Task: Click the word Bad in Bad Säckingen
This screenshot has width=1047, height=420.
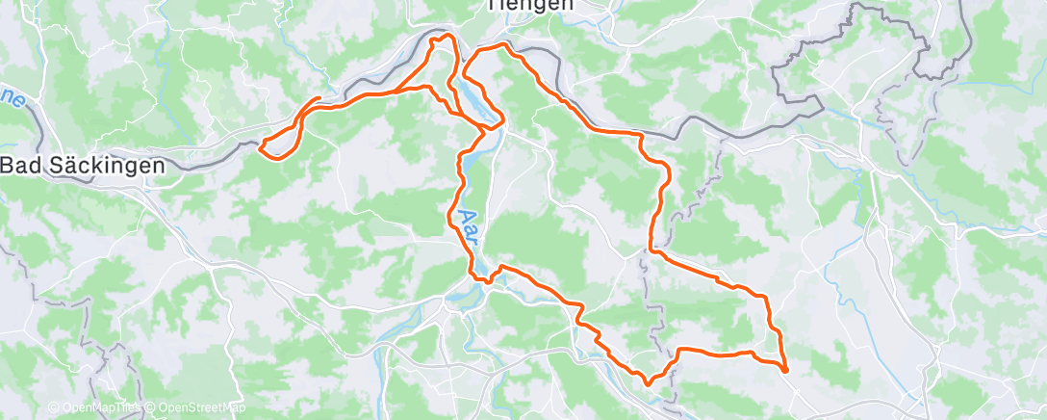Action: click(x=20, y=165)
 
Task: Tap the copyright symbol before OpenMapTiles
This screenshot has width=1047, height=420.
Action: click(x=55, y=408)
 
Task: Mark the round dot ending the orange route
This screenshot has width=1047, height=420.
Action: click(x=785, y=369)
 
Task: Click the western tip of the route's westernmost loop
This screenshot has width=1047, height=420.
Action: click(x=261, y=146)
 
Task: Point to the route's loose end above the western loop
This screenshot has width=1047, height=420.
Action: click(x=319, y=98)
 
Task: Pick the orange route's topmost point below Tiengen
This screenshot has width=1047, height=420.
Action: click(x=445, y=36)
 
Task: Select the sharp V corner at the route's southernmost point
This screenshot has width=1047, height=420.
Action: click(x=647, y=382)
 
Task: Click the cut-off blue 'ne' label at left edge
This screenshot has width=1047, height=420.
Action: click(x=12, y=97)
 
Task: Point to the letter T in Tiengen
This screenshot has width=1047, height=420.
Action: click(x=494, y=5)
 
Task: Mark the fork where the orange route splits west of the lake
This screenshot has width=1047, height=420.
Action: click(x=429, y=88)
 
